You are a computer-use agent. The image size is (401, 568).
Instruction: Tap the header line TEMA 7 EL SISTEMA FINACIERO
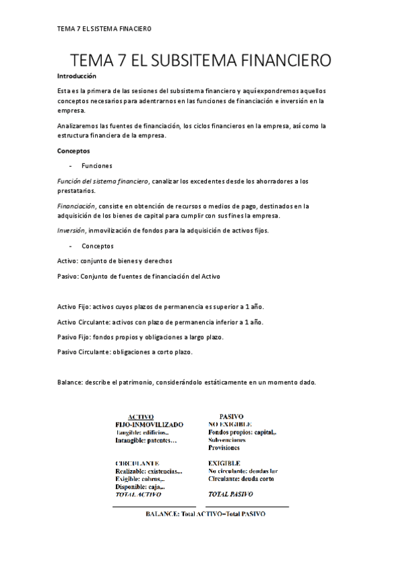(104, 29)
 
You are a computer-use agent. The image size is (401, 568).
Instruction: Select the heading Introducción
(77, 76)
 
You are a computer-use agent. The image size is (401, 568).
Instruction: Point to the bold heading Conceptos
(74, 151)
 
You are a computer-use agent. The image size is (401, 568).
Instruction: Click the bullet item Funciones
(96, 165)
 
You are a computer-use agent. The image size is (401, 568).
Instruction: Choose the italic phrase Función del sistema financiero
(103, 182)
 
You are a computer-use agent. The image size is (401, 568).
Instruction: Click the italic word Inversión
(71, 231)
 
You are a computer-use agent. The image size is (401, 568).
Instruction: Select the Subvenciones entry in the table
(227, 440)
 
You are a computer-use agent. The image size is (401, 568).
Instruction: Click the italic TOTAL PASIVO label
(230, 494)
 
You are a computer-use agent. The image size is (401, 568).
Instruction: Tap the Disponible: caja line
(140, 487)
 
